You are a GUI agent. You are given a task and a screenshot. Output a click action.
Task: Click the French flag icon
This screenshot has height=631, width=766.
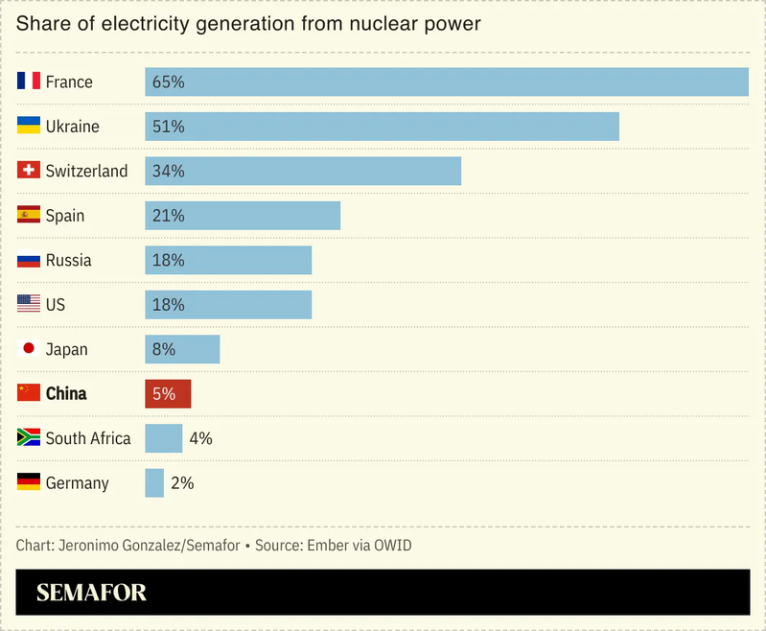click(29, 82)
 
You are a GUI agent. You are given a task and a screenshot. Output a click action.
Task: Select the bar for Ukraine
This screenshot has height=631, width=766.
click(382, 127)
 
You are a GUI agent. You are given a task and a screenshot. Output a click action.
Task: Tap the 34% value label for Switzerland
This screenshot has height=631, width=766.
click(168, 171)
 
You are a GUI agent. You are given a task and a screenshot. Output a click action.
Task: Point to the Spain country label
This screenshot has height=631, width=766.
click(65, 216)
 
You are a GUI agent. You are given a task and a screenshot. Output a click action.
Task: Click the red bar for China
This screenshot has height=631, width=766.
click(168, 394)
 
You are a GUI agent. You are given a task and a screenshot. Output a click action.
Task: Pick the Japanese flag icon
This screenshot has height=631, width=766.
click(29, 349)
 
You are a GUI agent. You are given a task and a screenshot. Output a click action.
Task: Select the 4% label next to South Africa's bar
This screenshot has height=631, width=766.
click(200, 438)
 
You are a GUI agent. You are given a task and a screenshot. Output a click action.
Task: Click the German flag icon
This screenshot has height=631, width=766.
click(29, 482)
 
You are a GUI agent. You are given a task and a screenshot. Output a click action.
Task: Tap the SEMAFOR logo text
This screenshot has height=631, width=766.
click(91, 593)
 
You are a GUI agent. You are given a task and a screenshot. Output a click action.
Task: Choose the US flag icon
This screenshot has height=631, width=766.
click(29, 304)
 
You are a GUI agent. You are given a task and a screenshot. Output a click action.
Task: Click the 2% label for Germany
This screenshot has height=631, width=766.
click(182, 483)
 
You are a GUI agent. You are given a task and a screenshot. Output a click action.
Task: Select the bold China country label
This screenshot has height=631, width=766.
click(66, 394)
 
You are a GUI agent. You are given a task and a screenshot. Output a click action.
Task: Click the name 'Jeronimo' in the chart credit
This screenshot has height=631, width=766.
click(88, 545)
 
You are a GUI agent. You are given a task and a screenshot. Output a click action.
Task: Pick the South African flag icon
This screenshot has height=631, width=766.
click(29, 438)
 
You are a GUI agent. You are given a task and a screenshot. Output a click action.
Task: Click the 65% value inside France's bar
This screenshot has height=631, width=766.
click(168, 82)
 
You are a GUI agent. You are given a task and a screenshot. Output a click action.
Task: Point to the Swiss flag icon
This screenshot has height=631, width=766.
click(29, 171)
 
